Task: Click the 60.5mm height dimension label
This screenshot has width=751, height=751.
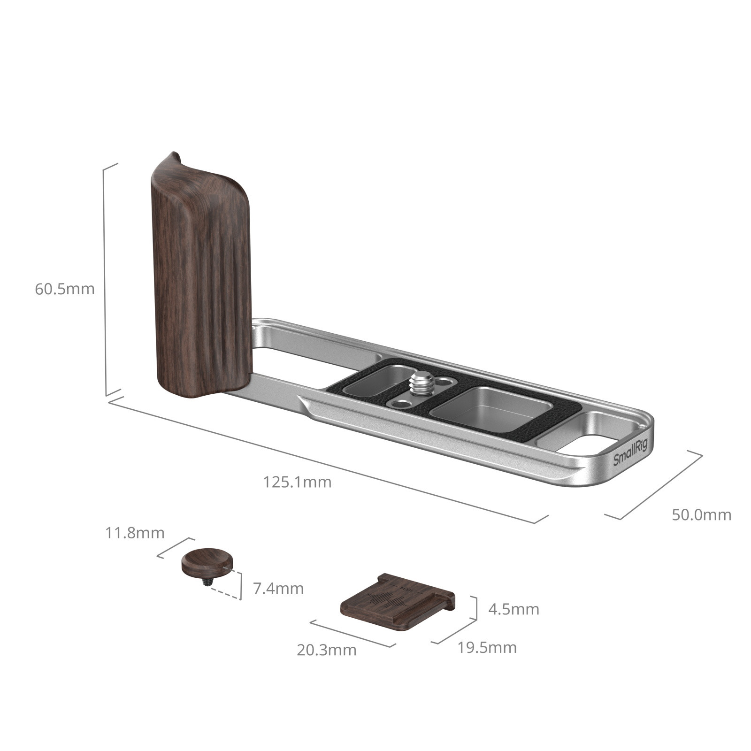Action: click(x=65, y=289)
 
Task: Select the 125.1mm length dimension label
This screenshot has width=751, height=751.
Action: click(x=297, y=482)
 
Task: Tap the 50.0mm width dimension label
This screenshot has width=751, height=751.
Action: click(x=701, y=515)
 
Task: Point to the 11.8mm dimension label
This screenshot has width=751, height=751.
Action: click(x=135, y=533)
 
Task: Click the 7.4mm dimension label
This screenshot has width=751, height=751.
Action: click(x=278, y=588)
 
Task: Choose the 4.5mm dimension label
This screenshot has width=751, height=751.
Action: click(x=513, y=609)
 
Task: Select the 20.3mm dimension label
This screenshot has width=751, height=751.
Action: click(x=326, y=650)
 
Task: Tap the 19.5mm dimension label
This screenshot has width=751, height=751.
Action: click(x=487, y=648)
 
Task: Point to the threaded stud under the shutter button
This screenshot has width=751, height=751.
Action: click(x=207, y=582)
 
